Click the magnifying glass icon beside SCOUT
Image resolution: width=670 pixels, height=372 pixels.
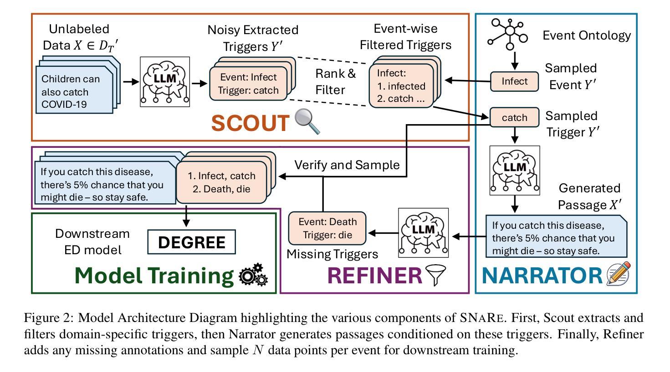click(307, 121)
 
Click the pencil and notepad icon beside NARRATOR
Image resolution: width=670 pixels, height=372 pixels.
click(619, 274)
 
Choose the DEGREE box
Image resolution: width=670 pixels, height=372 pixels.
click(191, 242)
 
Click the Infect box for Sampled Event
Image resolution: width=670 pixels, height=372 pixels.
click(514, 81)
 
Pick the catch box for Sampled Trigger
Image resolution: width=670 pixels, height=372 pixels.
click(514, 117)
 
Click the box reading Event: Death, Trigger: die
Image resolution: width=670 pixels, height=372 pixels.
click(327, 228)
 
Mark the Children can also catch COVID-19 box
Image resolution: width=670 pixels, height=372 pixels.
click(74, 91)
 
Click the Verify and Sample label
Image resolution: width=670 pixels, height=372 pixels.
click(347, 165)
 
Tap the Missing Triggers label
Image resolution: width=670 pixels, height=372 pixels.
click(332, 254)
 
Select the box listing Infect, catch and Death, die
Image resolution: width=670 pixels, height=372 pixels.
click(221, 182)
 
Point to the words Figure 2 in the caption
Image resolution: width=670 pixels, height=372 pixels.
click(47, 317)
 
